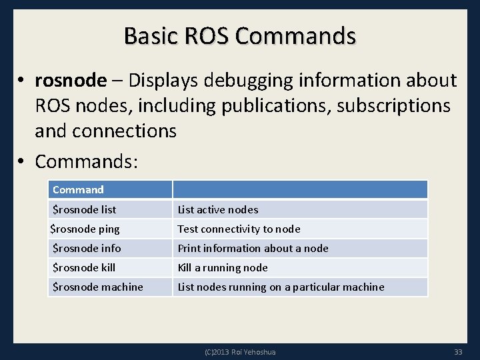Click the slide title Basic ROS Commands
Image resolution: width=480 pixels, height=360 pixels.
(240, 35)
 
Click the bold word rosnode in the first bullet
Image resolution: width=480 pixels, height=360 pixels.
(70, 81)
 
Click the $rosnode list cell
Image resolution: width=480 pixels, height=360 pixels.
(84, 209)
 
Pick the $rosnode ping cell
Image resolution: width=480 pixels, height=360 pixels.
(85, 229)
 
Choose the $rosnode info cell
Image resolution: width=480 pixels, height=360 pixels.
(87, 248)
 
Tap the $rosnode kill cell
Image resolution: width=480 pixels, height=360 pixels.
(84, 267)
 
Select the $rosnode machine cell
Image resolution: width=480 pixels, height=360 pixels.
(97, 287)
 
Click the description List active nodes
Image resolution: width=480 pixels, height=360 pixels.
(217, 209)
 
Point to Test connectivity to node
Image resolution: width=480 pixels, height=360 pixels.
(239, 229)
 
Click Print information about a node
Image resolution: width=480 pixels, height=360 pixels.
(253, 248)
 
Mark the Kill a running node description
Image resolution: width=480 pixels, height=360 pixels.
(223, 267)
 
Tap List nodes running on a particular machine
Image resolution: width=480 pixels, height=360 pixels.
(281, 287)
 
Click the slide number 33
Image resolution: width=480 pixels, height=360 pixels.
(458, 351)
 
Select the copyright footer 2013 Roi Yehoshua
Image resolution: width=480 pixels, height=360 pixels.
(240, 351)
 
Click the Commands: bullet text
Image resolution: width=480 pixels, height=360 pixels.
(86, 161)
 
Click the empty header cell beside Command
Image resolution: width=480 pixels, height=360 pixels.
(300, 190)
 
